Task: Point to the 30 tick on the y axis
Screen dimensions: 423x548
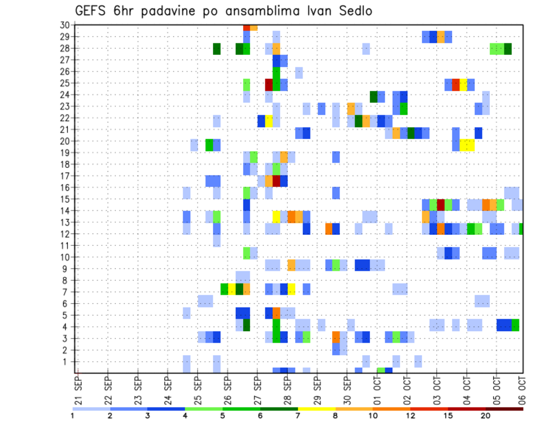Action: point(65,25)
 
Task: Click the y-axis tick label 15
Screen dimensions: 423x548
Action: point(65,199)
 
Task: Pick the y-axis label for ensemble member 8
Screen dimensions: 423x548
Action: point(67,280)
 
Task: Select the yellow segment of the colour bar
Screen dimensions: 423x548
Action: point(316,409)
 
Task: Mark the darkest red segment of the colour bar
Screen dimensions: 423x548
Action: point(505,409)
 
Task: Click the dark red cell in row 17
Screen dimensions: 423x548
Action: point(276,181)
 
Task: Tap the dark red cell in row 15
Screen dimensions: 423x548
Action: point(441,205)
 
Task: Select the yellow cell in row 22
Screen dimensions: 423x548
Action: point(269,121)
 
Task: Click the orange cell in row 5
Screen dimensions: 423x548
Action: point(276,313)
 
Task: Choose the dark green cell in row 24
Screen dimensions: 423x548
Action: point(373,97)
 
